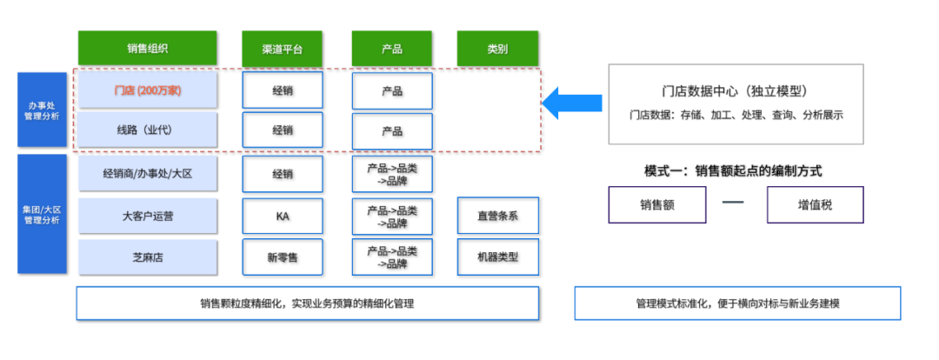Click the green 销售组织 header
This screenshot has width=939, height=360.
(x=147, y=49)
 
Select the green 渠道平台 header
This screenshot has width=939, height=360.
(x=283, y=49)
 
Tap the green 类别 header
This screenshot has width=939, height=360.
(x=497, y=49)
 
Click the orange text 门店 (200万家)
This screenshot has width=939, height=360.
(x=147, y=90)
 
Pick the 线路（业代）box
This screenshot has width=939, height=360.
(x=147, y=130)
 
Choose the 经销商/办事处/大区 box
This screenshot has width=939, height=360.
(x=147, y=173)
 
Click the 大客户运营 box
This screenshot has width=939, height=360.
(x=147, y=216)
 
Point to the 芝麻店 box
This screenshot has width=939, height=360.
(x=147, y=257)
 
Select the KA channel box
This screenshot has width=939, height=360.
(x=283, y=216)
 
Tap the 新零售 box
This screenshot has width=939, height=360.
(x=283, y=257)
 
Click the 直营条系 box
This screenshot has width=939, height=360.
(x=497, y=216)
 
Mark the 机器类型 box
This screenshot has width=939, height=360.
(x=497, y=257)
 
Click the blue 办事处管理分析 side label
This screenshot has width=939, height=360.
(x=42, y=110)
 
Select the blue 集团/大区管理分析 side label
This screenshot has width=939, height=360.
(x=42, y=215)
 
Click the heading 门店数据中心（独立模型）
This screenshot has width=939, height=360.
(x=736, y=91)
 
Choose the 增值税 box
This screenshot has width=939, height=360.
(x=815, y=205)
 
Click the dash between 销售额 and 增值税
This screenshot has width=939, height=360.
(x=735, y=204)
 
